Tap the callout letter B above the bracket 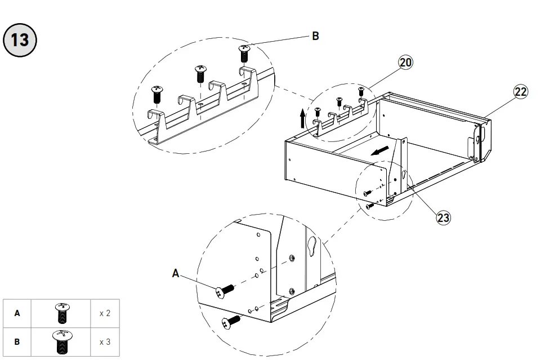click(315, 36)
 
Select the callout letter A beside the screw click(176, 273)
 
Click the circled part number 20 click(406, 63)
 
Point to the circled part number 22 click(521, 92)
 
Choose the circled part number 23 click(444, 217)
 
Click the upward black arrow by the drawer click(302, 119)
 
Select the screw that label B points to click(244, 54)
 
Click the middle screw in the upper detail click(200, 74)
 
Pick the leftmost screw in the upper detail click(157, 94)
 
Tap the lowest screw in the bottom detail click(231, 322)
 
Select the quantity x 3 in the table click(105, 341)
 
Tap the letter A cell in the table click(17, 313)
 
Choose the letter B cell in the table click(17, 341)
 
